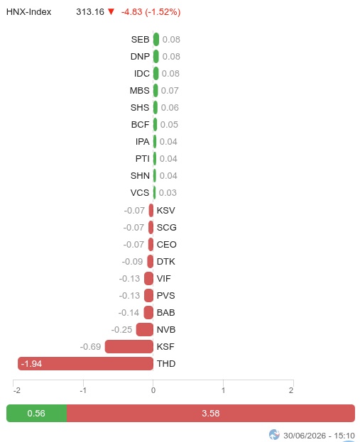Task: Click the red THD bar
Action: (x=85, y=363)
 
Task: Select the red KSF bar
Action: (x=129, y=346)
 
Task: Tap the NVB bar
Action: (x=145, y=329)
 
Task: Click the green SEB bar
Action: (x=156, y=39)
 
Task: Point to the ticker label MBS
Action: (x=139, y=91)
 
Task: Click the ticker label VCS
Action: (x=140, y=192)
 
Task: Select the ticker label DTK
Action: (x=166, y=261)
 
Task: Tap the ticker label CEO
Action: (x=166, y=244)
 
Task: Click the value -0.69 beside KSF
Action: (x=90, y=346)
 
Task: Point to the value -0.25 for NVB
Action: (x=121, y=329)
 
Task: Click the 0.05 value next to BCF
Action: (x=169, y=125)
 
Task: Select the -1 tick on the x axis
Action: (x=83, y=390)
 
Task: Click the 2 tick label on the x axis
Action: (x=291, y=390)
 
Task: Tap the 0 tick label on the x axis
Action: (x=153, y=390)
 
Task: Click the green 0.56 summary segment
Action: (x=37, y=413)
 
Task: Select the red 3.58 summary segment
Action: (x=211, y=413)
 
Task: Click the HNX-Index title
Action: (x=29, y=12)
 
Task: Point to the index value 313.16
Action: (x=90, y=12)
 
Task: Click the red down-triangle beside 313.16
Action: (x=111, y=11)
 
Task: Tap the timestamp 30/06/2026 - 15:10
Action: (x=319, y=436)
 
